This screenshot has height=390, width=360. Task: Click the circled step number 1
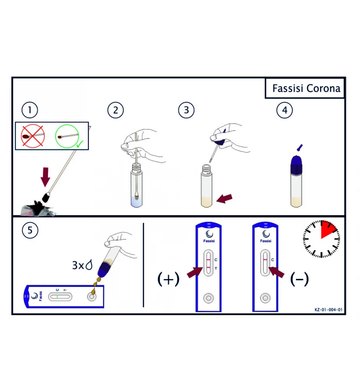pos(30,110)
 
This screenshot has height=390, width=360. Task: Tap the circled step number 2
pos(115,110)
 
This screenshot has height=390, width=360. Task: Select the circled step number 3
pos(186,110)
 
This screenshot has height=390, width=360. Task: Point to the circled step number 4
pos(285,110)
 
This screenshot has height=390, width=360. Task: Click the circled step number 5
pos(30,230)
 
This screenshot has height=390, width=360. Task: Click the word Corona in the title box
pos(323,89)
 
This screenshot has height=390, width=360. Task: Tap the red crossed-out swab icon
pos(33,136)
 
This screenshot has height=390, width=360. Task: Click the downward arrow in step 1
pos(45,177)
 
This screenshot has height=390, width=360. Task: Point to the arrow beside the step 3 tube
pos(224,199)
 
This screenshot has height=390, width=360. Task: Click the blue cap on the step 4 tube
pos(296,165)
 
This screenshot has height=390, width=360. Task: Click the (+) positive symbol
pos(168,279)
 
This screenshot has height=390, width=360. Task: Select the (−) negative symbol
pos(300,279)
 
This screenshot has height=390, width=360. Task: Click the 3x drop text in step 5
pos(82,265)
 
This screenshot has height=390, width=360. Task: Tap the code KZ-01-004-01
pos(328,310)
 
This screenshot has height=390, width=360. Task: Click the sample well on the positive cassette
pos(209,298)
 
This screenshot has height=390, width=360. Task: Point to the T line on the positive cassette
pos(209,268)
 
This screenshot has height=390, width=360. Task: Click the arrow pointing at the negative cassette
pos(277,272)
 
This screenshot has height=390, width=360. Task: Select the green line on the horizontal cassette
pos(57,296)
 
